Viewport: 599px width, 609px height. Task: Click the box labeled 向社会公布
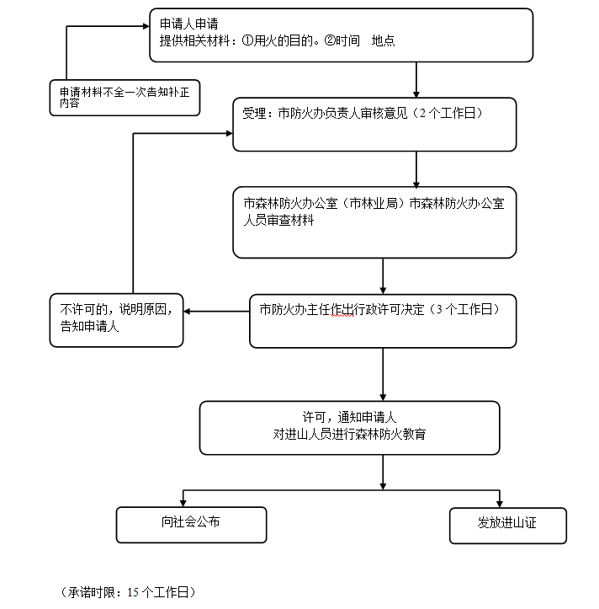pos(191,523)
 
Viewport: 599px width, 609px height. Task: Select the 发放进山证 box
pos(507,523)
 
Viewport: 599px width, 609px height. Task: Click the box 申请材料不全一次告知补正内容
pos(125,98)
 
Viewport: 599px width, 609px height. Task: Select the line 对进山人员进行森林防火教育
pos(349,434)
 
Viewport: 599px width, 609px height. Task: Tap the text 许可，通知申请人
pos(349,417)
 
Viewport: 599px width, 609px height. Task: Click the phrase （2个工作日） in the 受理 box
pos(450,113)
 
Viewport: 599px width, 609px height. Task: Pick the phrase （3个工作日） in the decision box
pos(462,309)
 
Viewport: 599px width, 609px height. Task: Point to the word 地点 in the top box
pos(383,40)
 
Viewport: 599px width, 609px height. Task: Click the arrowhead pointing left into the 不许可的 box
pos(188,312)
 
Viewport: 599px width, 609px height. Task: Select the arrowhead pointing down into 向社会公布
pos(183,502)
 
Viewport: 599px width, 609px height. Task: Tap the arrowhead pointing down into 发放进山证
pos(501,502)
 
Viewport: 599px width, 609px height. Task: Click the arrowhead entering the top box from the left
pos(146,26)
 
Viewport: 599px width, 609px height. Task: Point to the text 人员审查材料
pos(278,220)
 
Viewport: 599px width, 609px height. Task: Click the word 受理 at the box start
pos(254,113)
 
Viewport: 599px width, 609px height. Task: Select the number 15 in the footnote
pos(132,591)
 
